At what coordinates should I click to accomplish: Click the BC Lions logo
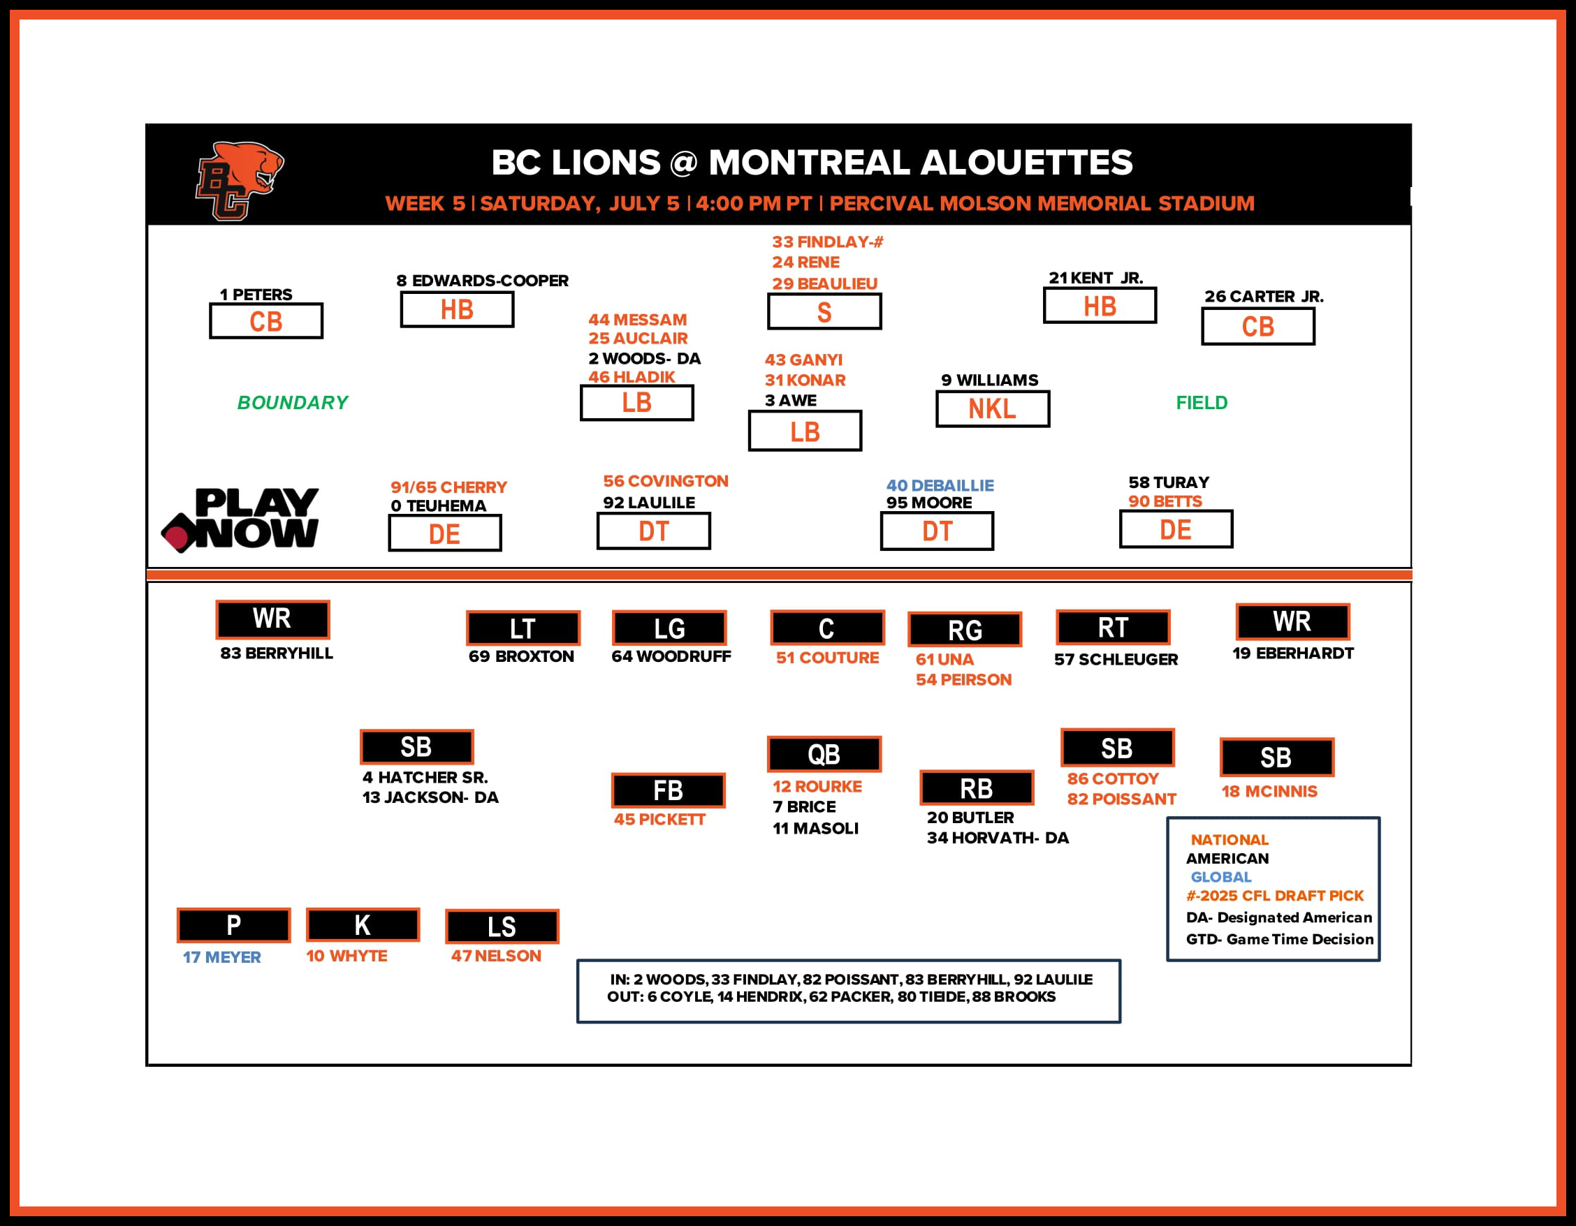coord(239,180)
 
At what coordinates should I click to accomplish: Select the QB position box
coord(824,754)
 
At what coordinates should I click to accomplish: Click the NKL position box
coord(992,409)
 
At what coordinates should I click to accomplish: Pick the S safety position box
coord(824,311)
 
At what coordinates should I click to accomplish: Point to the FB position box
coord(669,790)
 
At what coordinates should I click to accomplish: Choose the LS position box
coord(502,926)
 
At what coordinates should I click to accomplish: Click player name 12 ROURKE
coord(817,786)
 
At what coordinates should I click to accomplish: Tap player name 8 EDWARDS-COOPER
coord(482,281)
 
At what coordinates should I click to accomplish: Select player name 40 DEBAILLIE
coord(940,485)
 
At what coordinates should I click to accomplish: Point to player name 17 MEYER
coord(221,957)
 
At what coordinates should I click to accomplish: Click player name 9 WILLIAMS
coord(989,380)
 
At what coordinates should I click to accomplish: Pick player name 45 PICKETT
coord(659,819)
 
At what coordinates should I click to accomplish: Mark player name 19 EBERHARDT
coord(1292,653)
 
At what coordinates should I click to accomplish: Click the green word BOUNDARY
coord(292,402)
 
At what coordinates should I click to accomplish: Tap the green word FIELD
coord(1202,402)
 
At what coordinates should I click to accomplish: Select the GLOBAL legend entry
coord(1221,877)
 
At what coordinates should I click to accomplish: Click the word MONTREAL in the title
coord(809,162)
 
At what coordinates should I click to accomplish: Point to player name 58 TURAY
coord(1168,482)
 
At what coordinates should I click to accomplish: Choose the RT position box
coord(1113,628)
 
